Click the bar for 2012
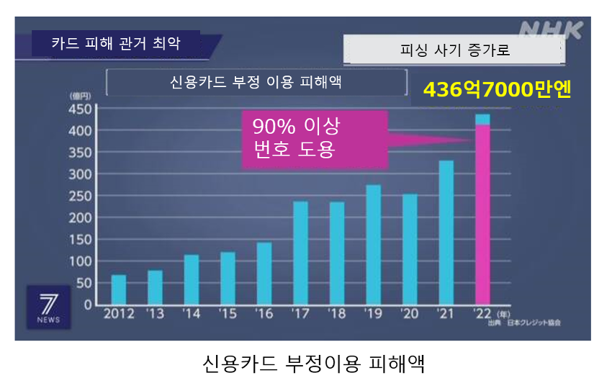(119, 289)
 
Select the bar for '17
(300, 253)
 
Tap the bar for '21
(446, 232)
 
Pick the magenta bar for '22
(482, 214)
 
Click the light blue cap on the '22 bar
(482, 120)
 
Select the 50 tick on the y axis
(84, 283)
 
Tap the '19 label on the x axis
(373, 315)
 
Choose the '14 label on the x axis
(192, 315)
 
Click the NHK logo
(550, 31)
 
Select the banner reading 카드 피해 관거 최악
(115, 43)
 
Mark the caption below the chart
(313, 362)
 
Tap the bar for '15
(228, 278)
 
